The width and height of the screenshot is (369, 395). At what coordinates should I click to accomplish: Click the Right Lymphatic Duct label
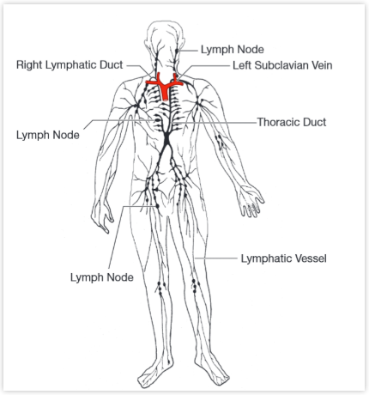(x=70, y=65)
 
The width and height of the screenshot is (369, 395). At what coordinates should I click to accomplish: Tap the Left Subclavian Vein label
(x=282, y=65)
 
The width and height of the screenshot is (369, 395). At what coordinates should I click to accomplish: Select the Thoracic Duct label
(x=292, y=122)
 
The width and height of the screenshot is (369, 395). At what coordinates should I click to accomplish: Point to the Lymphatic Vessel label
(x=283, y=258)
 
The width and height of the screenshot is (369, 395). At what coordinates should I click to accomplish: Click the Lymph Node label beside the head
(x=233, y=49)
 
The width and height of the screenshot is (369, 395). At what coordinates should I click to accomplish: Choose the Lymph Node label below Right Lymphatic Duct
(x=48, y=135)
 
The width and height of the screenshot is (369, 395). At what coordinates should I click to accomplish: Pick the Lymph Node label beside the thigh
(x=102, y=277)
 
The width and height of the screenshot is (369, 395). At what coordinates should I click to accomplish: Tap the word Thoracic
(x=278, y=122)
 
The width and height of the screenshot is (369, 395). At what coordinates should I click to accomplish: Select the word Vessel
(x=311, y=258)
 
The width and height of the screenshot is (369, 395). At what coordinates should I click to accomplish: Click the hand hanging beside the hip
(x=102, y=214)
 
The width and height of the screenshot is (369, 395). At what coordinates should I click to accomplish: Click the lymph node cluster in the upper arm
(x=220, y=142)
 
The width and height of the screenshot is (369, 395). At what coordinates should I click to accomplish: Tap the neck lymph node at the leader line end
(x=177, y=51)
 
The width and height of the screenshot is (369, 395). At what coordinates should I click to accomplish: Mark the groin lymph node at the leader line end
(x=157, y=206)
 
